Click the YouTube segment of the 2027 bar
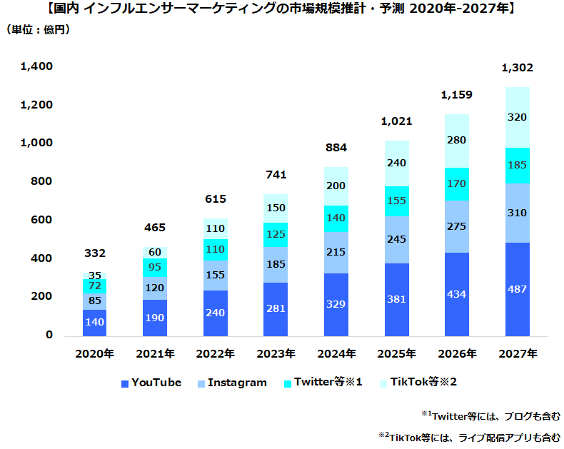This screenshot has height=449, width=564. pyautogui.click(x=517, y=289)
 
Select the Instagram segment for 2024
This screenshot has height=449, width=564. pyautogui.click(x=336, y=253)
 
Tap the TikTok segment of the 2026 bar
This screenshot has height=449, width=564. pyautogui.click(x=457, y=141)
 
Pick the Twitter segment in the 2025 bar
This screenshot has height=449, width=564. pyautogui.click(x=396, y=201)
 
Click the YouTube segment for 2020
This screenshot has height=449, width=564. pyautogui.click(x=95, y=323)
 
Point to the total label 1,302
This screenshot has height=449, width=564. pyautogui.click(x=517, y=69)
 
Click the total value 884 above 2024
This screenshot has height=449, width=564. pyautogui.click(x=336, y=148)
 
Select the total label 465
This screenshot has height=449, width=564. pyautogui.click(x=155, y=228)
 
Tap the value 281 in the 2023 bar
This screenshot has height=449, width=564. pyautogui.click(x=276, y=308)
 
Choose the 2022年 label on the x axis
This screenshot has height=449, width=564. pyautogui.click(x=215, y=353)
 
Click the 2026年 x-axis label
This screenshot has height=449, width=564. pyautogui.click(x=457, y=353)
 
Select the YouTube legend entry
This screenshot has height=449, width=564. pyautogui.click(x=151, y=383)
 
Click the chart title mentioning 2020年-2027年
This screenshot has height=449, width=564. pyautogui.click(x=281, y=9)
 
